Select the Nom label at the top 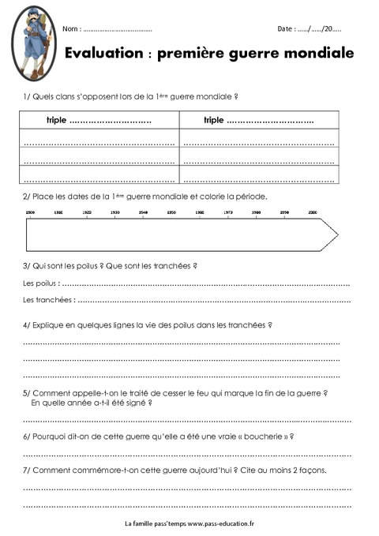(70, 29)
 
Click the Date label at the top (285, 29)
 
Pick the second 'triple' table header (213, 121)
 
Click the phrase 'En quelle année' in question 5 (59, 403)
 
